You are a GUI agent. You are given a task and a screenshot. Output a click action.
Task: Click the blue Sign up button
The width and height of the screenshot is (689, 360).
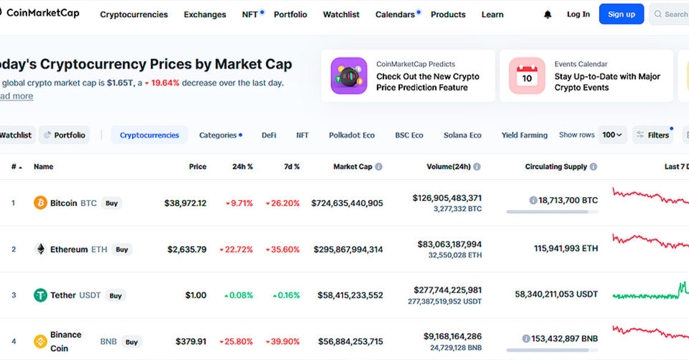(x=621, y=14)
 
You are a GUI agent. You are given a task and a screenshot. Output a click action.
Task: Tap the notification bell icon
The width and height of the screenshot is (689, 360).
(x=548, y=15)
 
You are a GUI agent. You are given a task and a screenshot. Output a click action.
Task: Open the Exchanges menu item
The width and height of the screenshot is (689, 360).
(x=205, y=15)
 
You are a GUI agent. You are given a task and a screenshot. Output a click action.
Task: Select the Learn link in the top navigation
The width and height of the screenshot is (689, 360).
(x=493, y=15)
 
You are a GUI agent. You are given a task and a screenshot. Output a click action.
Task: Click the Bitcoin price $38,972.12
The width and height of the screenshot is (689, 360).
(x=185, y=203)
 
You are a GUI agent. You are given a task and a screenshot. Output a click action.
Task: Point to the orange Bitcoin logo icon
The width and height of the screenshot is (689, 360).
(x=40, y=203)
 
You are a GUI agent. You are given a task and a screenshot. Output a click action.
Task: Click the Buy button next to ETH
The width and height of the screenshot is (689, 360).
(x=122, y=249)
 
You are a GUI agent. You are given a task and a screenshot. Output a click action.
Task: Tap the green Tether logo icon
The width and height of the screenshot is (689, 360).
(x=40, y=295)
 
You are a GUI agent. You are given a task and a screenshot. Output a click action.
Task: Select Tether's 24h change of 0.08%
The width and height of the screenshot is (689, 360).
(x=239, y=295)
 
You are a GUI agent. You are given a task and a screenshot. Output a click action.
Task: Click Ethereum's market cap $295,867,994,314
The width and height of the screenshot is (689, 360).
(x=348, y=249)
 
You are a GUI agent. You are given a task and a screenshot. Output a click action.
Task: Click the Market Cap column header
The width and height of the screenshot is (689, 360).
(x=352, y=167)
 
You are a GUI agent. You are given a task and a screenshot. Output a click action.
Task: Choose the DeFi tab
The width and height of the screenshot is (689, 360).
(x=269, y=136)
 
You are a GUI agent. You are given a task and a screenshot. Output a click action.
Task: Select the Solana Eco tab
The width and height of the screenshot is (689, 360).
(x=462, y=136)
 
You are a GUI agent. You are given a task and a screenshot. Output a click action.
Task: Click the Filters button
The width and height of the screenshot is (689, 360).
(x=653, y=136)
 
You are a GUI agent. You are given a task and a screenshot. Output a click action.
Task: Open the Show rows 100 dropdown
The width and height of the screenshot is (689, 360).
(x=612, y=135)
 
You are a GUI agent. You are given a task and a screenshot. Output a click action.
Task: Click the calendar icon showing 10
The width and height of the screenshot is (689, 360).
(x=527, y=76)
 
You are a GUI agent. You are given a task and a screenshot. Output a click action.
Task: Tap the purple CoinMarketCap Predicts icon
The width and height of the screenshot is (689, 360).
(x=349, y=76)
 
